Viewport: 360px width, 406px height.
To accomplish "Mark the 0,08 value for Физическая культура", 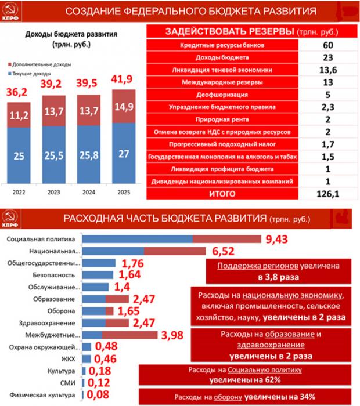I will click(x=101, y=396).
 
